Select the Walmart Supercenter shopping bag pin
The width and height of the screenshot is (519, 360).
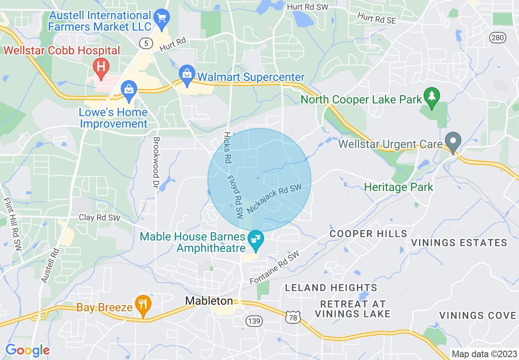(x=187, y=75)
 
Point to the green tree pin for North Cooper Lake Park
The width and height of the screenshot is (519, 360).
(x=432, y=97)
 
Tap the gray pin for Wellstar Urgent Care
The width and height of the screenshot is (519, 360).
(x=453, y=142)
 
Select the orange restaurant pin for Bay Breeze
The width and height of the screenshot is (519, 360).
(x=143, y=305)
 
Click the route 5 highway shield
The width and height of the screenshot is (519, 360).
(x=146, y=43)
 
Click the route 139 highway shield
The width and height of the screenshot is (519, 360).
(x=254, y=321)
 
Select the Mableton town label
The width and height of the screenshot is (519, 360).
(x=209, y=301)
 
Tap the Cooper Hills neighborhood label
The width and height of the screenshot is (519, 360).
(x=368, y=234)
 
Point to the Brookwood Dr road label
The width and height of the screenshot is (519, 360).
(x=156, y=160)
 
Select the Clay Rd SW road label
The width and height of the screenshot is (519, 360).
(x=99, y=218)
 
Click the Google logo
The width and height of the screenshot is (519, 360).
(x=27, y=350)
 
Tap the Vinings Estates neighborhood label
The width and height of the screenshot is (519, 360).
(x=459, y=243)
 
